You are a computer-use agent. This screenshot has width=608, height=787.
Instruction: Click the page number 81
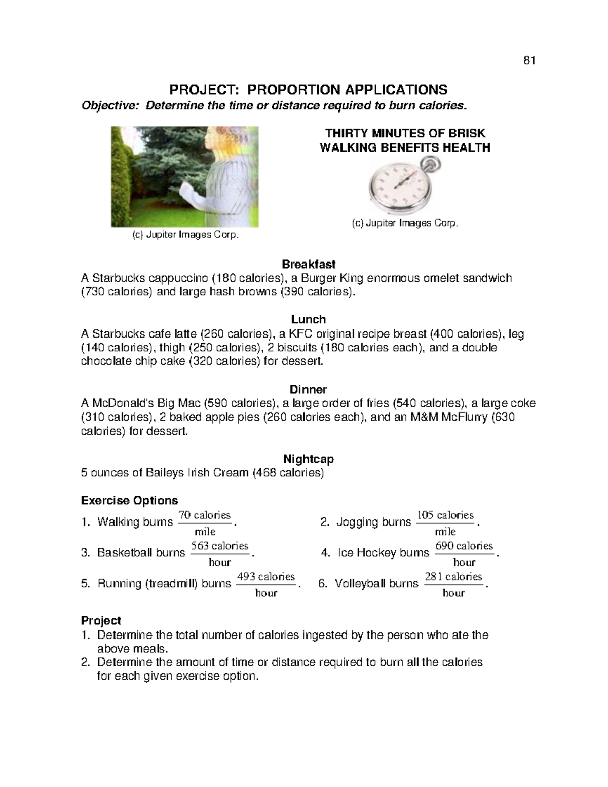click(529, 61)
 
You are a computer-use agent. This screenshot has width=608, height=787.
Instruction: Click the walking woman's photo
click(185, 176)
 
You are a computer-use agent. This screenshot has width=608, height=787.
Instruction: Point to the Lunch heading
click(308, 319)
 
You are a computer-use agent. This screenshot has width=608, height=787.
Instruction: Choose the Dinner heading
click(308, 389)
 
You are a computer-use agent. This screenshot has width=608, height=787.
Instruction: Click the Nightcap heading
click(308, 459)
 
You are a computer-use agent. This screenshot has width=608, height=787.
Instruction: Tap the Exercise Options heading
click(129, 501)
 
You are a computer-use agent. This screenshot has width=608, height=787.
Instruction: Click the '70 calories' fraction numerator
click(205, 515)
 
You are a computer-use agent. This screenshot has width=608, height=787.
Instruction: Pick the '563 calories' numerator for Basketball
click(219, 546)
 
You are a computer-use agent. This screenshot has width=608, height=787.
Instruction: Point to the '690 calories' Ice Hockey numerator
click(464, 546)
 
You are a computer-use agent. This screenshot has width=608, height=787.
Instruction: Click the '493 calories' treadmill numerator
click(266, 577)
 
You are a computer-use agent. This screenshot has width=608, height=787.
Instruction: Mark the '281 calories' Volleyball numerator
click(453, 577)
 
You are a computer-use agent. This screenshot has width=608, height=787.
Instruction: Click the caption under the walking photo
click(185, 236)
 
